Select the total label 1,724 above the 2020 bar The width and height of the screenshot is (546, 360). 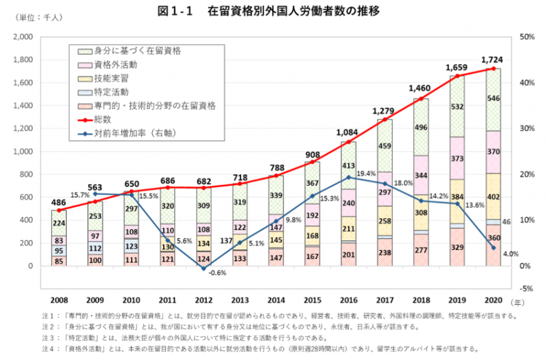pos(492,59)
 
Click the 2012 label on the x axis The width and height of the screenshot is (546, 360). pos(203,300)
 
